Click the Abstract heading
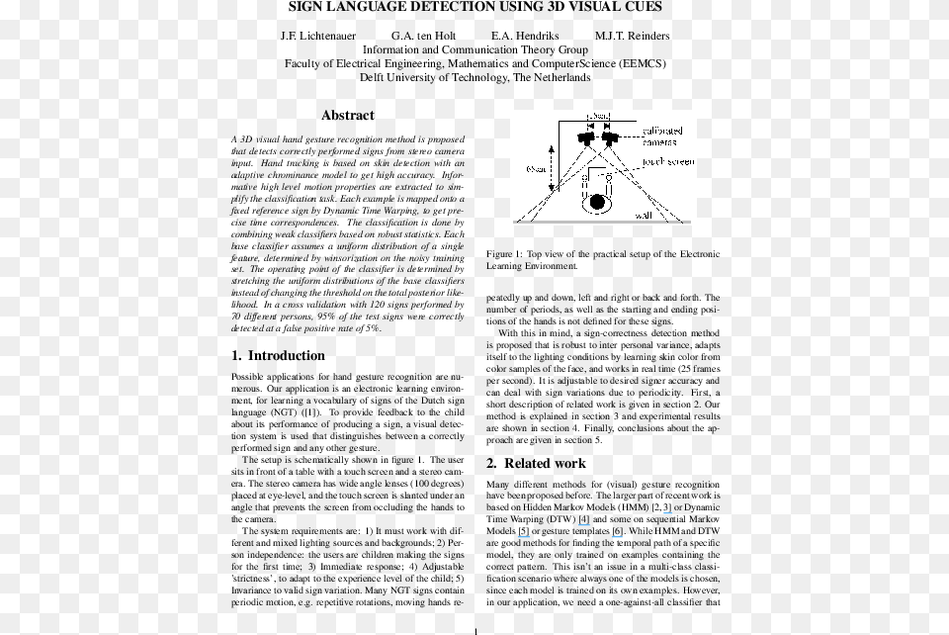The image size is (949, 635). click(x=348, y=115)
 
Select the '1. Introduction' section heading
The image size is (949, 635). click(x=278, y=356)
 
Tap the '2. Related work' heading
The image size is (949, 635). click(x=536, y=463)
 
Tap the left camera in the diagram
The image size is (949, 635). click(x=587, y=137)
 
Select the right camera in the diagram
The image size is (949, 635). click(x=608, y=137)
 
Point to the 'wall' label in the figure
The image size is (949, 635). click(x=644, y=214)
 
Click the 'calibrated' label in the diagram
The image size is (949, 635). click(x=661, y=131)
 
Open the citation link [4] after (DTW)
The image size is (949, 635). click(x=584, y=519)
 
